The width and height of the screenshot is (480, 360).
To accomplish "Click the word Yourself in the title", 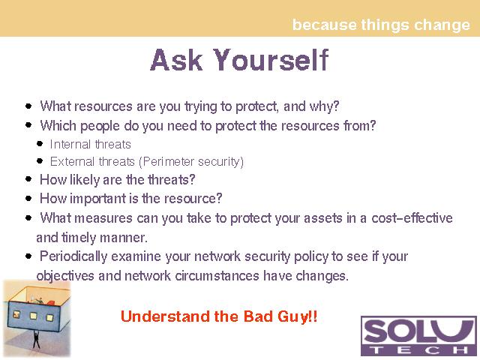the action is click(x=271, y=60).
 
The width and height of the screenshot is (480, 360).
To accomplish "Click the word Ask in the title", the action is click(x=176, y=60).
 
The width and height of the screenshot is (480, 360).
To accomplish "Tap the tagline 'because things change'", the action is click(x=381, y=25).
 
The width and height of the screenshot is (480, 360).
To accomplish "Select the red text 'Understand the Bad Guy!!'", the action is click(x=219, y=316).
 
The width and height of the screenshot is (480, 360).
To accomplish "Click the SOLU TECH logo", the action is click(x=418, y=336).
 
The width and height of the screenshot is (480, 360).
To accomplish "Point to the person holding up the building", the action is click(x=36, y=339).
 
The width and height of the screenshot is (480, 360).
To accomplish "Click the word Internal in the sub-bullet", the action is click(x=70, y=144).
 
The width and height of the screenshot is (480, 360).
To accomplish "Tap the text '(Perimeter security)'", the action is click(x=191, y=162).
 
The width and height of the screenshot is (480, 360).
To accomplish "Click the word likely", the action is click(x=85, y=180).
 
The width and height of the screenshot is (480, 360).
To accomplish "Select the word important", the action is click(x=97, y=199).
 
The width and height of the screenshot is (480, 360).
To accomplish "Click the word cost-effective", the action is click(x=412, y=218).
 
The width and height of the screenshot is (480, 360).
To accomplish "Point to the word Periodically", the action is click(x=73, y=256).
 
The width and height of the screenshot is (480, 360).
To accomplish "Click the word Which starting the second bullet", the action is click(x=58, y=125).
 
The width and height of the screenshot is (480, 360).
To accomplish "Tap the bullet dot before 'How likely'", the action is click(x=28, y=179).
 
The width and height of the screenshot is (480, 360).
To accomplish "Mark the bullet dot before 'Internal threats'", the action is click(x=40, y=143).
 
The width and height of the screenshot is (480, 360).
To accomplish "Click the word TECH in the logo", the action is click(x=418, y=349).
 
